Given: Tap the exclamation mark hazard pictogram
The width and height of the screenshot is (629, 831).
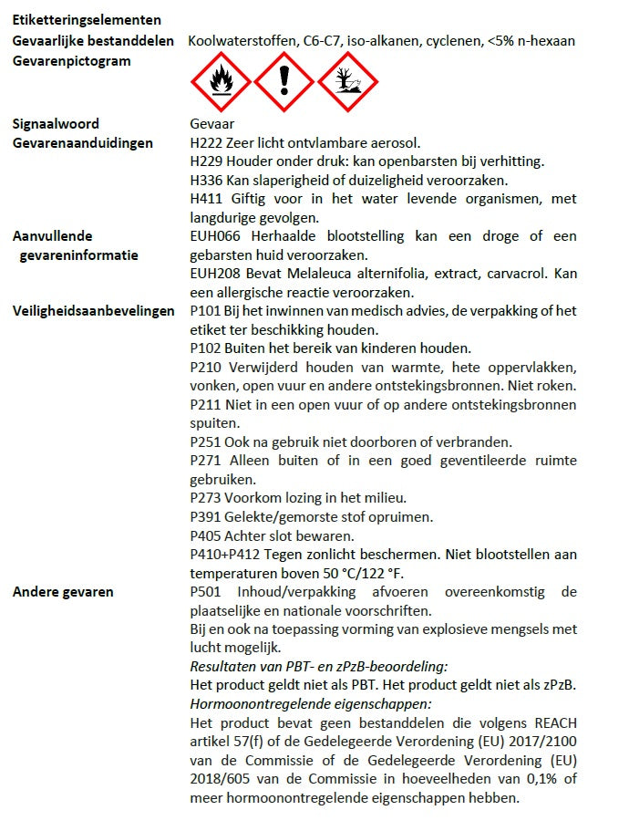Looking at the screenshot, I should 283,82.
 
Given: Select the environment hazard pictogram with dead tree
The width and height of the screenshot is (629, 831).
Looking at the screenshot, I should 346,82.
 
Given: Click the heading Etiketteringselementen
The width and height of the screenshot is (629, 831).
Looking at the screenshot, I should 88,20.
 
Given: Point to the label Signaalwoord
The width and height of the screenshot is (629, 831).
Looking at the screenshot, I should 56,124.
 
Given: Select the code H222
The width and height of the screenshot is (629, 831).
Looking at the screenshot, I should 207,143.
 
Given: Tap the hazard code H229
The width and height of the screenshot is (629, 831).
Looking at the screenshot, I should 207,161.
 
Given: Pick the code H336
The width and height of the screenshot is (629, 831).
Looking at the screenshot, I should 207,181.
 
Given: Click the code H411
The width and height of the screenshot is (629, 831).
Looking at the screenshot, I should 207,199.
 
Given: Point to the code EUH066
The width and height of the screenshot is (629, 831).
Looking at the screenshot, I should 213,236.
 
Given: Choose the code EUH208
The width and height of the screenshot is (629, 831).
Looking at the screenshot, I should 213,274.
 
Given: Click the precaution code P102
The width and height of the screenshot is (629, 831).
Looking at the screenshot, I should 206,348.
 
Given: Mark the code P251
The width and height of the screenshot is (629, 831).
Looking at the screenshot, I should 206,441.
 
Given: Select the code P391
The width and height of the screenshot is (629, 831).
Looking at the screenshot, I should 206,516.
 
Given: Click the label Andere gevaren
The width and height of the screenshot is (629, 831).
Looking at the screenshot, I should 63,591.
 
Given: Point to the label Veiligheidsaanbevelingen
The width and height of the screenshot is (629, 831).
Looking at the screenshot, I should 93,310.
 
